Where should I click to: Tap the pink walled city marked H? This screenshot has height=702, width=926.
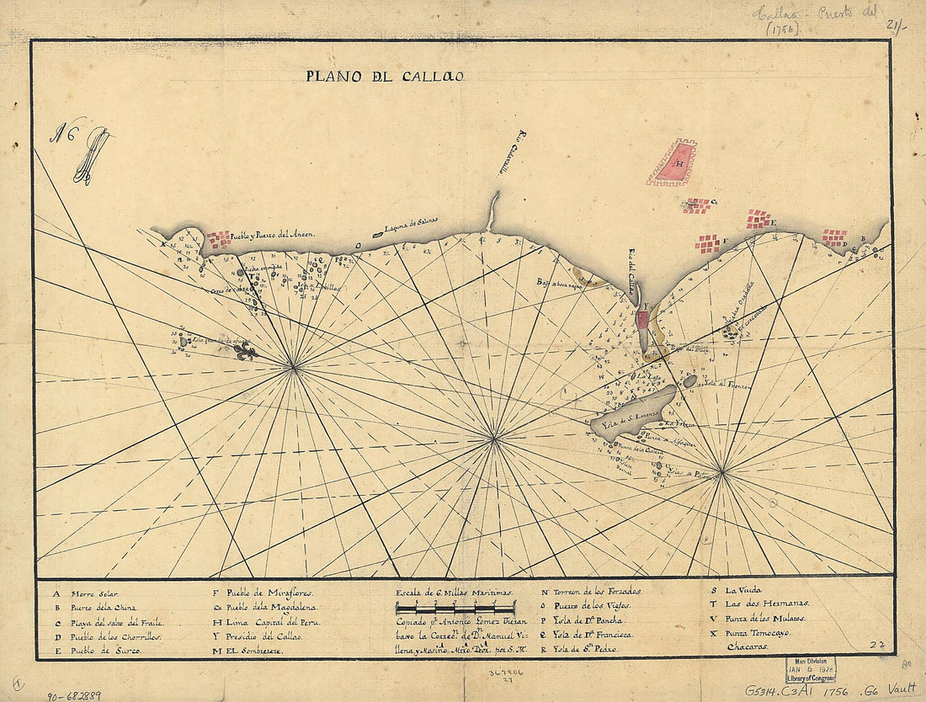click(x=673, y=162)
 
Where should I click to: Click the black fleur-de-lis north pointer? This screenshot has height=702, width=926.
click(x=244, y=353)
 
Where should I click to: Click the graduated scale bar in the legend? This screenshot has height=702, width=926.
click(x=455, y=607)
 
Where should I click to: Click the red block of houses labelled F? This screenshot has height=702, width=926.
click(x=707, y=243)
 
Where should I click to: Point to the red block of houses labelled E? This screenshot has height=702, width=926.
click(x=758, y=220)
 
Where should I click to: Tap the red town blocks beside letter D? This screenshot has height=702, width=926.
click(x=834, y=237)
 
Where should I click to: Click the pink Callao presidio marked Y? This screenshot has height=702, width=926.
click(x=642, y=319)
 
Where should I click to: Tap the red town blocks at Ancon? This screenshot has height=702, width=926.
click(x=218, y=240)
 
